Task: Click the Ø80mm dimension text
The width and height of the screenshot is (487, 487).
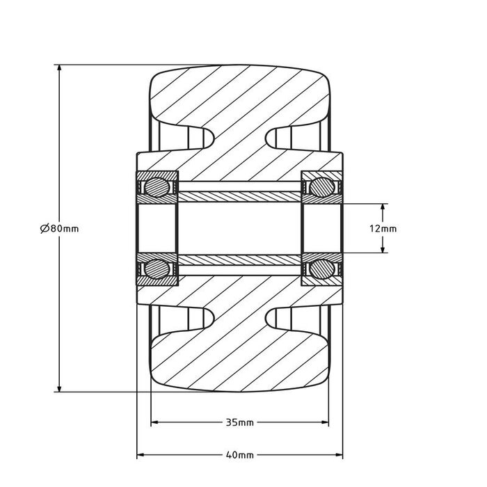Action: pyautogui.click(x=60, y=228)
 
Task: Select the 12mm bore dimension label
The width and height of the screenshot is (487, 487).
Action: pyautogui.click(x=384, y=228)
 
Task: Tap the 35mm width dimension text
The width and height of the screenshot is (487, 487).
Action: pyautogui.click(x=239, y=422)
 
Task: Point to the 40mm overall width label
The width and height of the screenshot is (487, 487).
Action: pyautogui.click(x=239, y=455)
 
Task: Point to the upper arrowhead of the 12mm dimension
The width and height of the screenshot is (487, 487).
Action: pyautogui.click(x=383, y=208)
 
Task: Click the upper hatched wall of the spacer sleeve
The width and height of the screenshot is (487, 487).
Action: pyautogui.click(x=239, y=195)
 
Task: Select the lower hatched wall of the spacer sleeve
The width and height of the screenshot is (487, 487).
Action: pyautogui.click(x=239, y=260)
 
